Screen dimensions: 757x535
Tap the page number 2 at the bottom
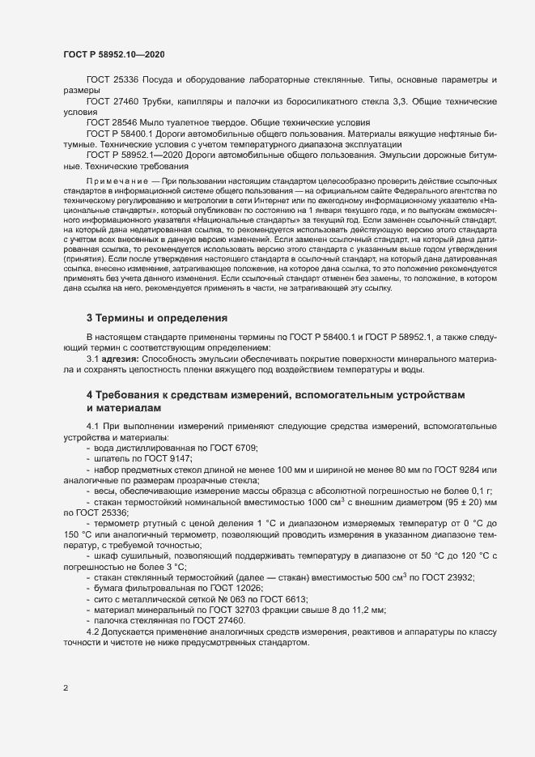[65, 689]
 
